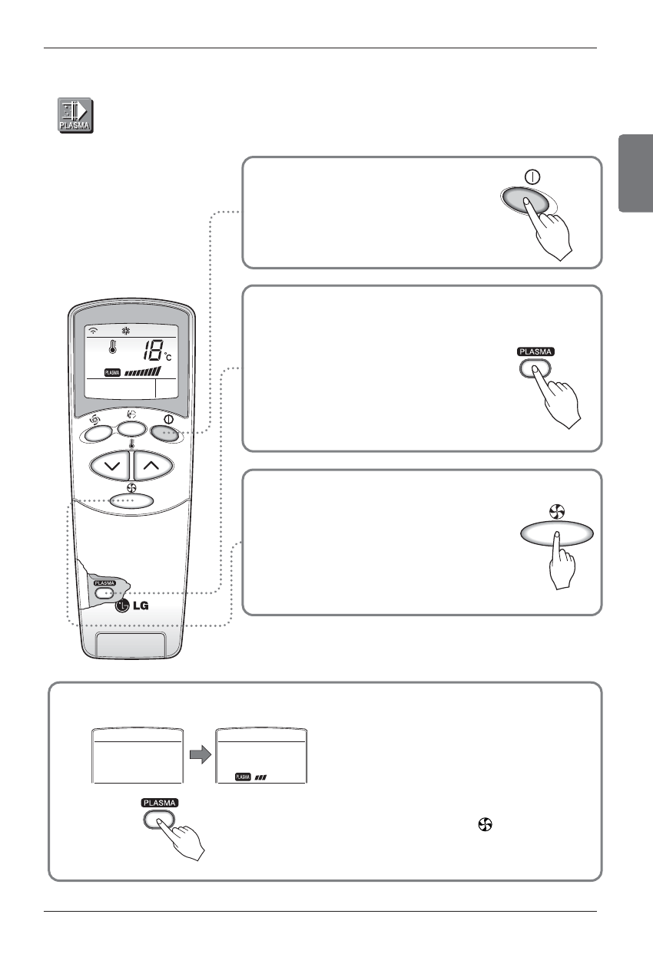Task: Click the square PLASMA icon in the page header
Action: [76, 116]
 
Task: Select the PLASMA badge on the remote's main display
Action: [112, 373]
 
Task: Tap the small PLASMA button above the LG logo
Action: [106, 592]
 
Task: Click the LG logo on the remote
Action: [132, 606]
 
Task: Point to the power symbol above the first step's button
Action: [529, 177]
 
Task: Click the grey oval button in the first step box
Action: [525, 202]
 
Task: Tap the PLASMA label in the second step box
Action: [534, 351]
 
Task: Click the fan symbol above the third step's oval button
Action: [558, 510]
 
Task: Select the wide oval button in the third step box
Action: [557, 533]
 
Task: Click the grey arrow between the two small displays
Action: [199, 755]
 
